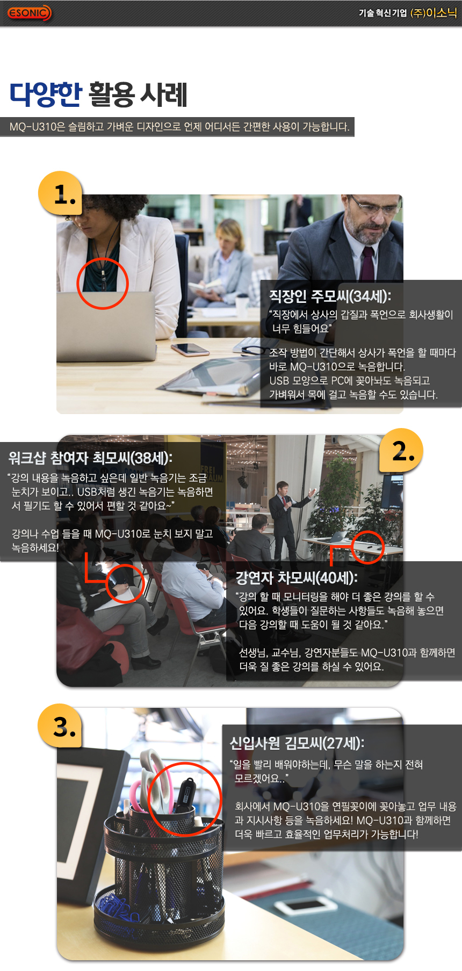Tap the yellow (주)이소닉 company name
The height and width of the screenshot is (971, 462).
tap(433, 13)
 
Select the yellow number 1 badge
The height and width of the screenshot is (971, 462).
tap(60, 193)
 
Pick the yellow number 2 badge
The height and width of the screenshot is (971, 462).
tap(401, 451)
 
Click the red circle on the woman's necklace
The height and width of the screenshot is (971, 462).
tap(102, 284)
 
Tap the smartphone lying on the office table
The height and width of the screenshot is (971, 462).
tap(190, 349)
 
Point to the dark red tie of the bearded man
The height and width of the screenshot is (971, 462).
tap(367, 263)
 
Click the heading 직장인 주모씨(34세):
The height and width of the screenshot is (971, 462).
tap(330, 296)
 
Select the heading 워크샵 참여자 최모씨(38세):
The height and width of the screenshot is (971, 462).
tap(90, 458)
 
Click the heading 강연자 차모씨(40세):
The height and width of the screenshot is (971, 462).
tap(297, 578)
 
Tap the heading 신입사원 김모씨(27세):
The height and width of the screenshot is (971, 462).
tap(297, 743)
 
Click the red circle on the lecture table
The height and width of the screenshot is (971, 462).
tap(368, 547)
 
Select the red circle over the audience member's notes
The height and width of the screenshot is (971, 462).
tap(125, 583)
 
